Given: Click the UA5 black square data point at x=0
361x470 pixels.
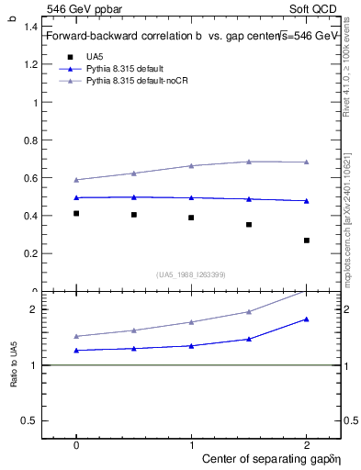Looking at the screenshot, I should point(76,213).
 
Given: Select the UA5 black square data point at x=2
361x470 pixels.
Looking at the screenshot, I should point(307,241).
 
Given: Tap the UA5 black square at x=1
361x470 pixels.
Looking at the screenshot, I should point(191,218).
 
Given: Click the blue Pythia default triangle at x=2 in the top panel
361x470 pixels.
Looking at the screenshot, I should point(307,201).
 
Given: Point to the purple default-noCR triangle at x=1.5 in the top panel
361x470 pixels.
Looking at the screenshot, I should point(249,162).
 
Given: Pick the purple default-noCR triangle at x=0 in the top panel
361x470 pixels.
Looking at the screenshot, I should point(76,180).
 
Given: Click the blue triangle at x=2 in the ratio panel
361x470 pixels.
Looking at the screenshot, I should point(307,319).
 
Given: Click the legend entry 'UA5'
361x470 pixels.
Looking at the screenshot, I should point(95,57).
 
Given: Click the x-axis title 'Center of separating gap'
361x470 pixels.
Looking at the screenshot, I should point(266,457).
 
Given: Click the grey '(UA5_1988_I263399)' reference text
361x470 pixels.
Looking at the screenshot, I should point(191,274).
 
